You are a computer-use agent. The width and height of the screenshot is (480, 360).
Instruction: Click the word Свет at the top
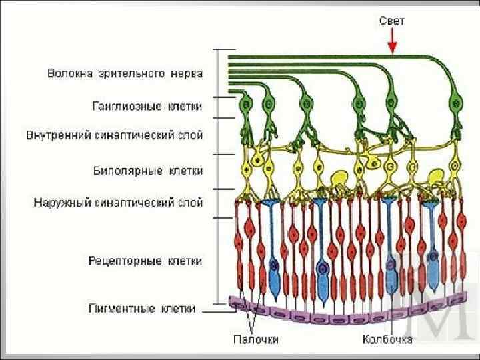coord(391,21)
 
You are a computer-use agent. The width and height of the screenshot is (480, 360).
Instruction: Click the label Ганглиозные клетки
coord(147,105)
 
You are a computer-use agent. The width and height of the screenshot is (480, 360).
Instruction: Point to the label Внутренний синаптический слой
coord(115,135)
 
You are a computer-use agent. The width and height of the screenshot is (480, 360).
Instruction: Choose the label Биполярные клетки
coord(147,171)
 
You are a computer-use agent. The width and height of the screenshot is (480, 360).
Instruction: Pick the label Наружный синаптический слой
coord(119,201)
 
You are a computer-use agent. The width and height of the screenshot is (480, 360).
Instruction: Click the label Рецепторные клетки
coord(145,261)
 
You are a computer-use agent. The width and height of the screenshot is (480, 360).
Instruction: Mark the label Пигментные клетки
coord(142,308)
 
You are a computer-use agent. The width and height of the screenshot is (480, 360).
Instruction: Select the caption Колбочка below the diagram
coord(387,339)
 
